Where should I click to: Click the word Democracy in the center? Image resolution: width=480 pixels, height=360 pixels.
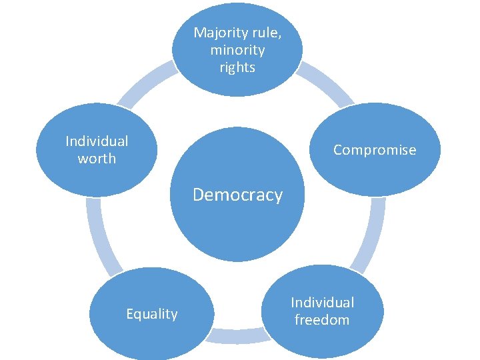click(x=237, y=195)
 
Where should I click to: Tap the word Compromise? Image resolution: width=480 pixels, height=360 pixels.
click(x=374, y=150)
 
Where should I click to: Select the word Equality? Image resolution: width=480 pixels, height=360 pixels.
click(x=152, y=314)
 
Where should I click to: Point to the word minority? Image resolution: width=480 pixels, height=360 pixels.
click(x=237, y=50)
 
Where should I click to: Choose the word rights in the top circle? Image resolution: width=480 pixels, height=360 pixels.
click(x=237, y=67)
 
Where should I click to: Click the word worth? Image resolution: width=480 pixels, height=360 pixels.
click(x=97, y=159)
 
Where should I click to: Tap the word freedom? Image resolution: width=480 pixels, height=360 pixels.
click(x=322, y=320)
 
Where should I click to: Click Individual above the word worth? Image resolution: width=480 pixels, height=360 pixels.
click(x=97, y=141)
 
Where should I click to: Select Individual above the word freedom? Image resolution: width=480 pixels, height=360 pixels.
click(x=322, y=303)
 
